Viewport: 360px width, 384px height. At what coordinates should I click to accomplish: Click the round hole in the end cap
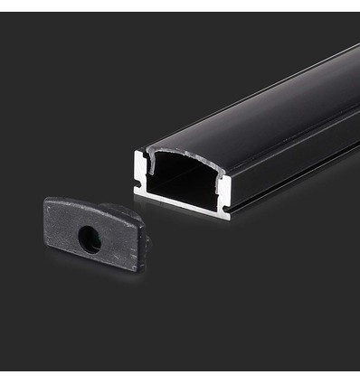[89, 239]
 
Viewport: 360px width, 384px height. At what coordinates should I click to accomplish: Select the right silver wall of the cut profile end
[224, 192]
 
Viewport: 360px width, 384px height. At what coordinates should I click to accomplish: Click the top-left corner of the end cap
[47, 201]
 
